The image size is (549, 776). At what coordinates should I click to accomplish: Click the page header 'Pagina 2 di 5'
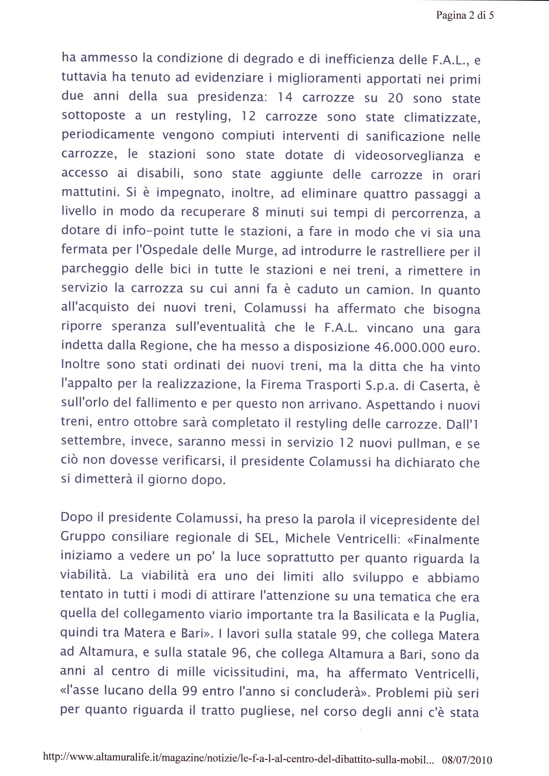465,15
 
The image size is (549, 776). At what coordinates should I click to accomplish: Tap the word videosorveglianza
409,156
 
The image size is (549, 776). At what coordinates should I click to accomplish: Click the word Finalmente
446,540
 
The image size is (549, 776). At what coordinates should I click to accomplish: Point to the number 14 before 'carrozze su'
285,98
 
